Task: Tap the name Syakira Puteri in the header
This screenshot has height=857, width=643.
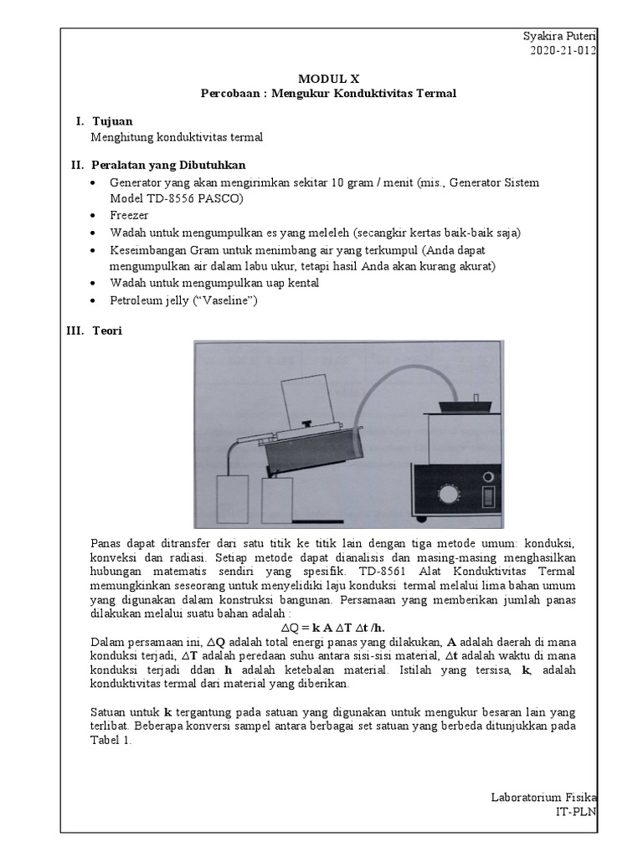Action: click(x=558, y=36)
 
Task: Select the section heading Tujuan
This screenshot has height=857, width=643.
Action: click(x=111, y=121)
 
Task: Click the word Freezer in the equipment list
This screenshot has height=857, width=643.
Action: click(x=128, y=215)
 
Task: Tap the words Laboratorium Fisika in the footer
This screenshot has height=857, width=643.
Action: click(x=543, y=798)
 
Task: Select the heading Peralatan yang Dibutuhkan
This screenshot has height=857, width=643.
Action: click(x=167, y=164)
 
